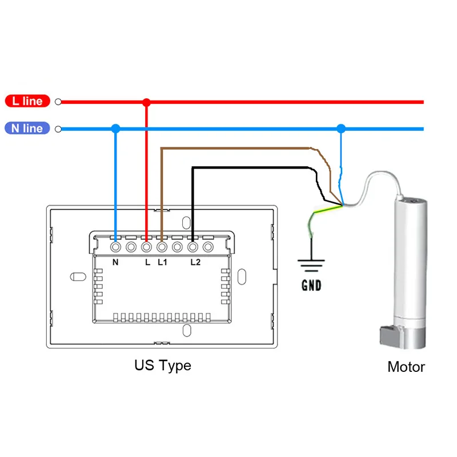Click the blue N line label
(27, 128)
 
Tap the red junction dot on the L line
(146, 102)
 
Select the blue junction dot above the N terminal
(115, 129)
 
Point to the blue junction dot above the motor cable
(341, 129)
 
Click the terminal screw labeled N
(115, 247)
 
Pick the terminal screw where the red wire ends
(146, 247)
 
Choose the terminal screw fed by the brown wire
(162, 247)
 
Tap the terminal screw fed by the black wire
(193, 247)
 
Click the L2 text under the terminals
(195, 263)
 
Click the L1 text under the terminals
(162, 263)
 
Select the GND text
(311, 285)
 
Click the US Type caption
(163, 365)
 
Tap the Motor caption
(406, 367)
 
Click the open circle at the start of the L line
(58, 102)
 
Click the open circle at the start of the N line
(58, 129)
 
